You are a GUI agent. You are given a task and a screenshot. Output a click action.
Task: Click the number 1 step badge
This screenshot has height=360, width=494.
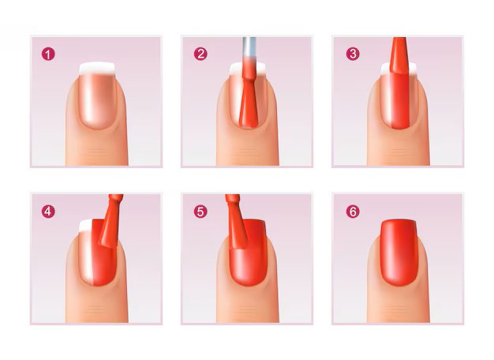[x=48, y=54]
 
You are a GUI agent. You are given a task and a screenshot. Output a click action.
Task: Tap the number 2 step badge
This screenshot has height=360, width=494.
[x=200, y=54]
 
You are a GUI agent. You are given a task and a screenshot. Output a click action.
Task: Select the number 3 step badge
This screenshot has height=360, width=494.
[x=353, y=54]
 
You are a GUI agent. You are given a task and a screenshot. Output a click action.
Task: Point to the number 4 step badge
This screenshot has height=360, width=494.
[x=48, y=212]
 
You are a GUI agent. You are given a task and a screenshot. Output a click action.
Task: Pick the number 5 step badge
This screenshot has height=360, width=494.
[x=200, y=212]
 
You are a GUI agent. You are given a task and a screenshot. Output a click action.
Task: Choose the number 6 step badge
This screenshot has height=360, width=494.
[x=353, y=212]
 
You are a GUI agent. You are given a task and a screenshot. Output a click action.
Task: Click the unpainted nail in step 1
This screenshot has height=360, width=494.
[x=97, y=96]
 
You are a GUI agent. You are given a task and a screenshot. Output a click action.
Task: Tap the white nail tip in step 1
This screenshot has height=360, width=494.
[x=97, y=69]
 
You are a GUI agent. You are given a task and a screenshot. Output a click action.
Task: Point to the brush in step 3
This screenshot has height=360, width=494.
[x=399, y=55]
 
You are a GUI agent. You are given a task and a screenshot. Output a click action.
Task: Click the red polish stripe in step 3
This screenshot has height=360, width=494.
[x=400, y=100]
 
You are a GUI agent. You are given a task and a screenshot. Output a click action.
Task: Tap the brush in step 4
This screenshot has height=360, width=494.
[x=110, y=221]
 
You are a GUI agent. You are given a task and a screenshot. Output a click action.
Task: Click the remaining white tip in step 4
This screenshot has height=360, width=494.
[x=85, y=226]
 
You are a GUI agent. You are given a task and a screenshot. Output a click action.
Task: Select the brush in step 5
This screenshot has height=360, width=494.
[x=236, y=222]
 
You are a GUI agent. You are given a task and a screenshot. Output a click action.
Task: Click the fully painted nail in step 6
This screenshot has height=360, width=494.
[x=399, y=252]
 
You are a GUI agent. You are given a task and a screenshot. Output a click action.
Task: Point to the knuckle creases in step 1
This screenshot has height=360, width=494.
[x=97, y=152]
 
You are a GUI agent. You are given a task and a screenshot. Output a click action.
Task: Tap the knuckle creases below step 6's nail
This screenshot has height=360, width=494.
[x=399, y=309]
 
